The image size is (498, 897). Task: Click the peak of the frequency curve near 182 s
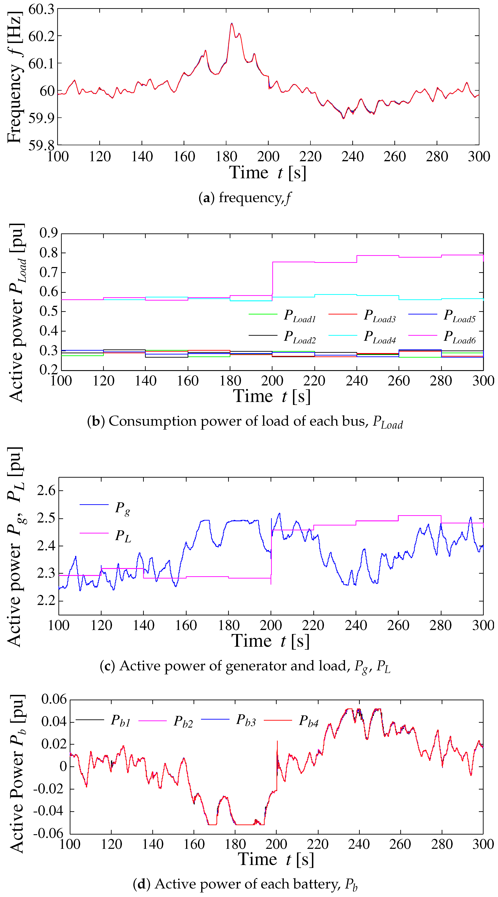coord(231,24)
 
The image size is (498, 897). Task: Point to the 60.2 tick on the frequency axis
coord(41,36)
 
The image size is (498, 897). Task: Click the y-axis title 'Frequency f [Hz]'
coord(15,77)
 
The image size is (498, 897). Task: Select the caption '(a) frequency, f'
coord(245,198)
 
